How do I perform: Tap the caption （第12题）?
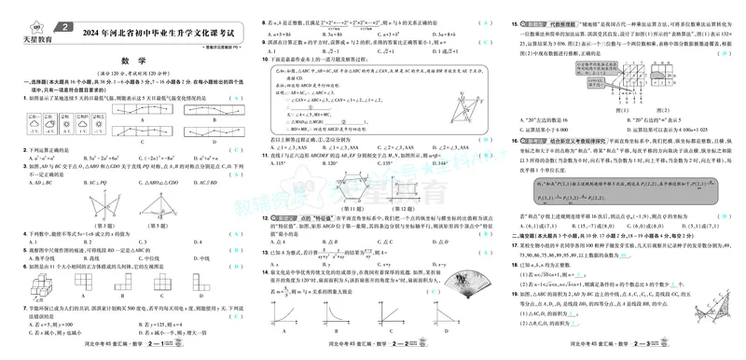pyautogui.click(x=423, y=211)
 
